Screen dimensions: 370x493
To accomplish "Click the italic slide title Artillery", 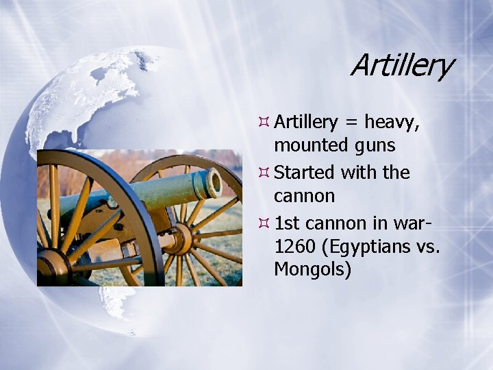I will (401, 66).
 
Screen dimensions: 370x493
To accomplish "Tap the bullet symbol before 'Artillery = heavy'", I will (263, 123).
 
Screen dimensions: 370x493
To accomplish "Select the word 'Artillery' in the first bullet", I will (306, 123).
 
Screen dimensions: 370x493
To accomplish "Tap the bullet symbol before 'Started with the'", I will (263, 173).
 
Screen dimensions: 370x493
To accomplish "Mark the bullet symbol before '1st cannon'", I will (263, 222).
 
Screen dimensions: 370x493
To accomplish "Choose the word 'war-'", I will (411, 222).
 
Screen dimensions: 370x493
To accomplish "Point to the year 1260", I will (296, 245).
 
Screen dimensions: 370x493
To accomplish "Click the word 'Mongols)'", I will (312, 270).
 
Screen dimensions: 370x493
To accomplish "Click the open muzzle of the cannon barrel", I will (214, 183).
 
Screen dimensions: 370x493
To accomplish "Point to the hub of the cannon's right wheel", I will (181, 238).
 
